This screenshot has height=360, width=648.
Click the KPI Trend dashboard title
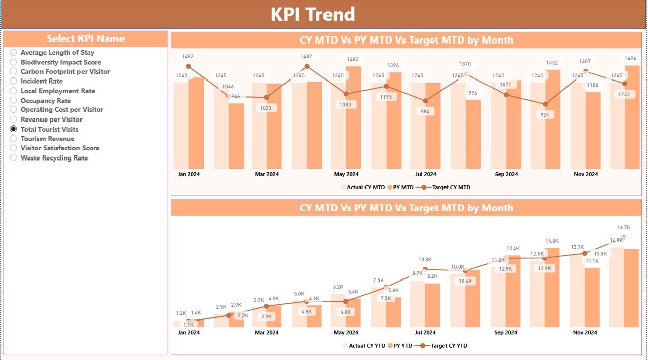pos(313,14)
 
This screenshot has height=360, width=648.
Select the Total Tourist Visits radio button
pos(14,129)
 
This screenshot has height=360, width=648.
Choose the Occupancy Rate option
pos(14,101)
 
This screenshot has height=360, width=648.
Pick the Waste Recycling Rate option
pos(14,158)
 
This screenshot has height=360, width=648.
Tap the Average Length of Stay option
pos(14,52)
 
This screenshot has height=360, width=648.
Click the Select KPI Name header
pos(85,39)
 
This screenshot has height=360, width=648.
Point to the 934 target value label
pos(545,115)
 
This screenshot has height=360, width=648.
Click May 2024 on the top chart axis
pos(346,174)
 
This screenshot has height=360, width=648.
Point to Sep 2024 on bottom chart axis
pos(505,333)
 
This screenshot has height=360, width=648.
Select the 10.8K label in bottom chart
pos(425,260)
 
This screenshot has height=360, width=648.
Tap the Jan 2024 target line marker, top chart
pos(189,66)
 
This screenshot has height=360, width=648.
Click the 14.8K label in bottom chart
pos(552,241)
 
